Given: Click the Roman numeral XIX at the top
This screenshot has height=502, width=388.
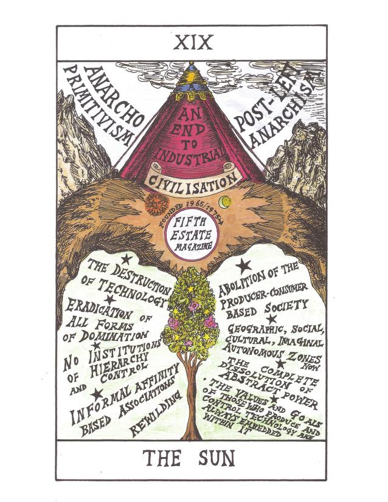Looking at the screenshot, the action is (x=193, y=43).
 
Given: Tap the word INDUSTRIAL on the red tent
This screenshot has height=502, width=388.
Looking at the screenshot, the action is (x=193, y=152).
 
